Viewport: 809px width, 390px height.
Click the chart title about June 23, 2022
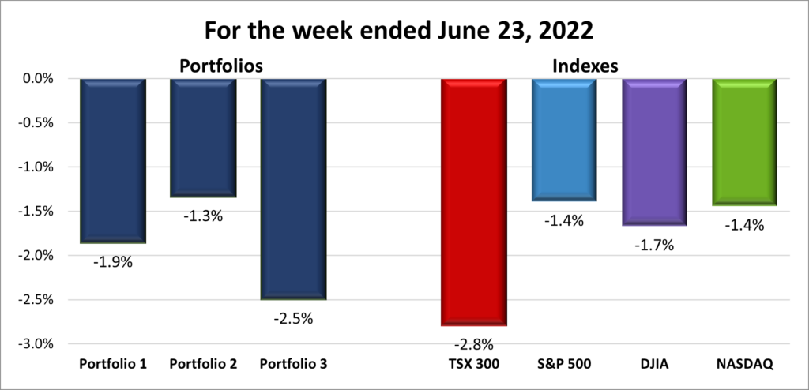[404, 31]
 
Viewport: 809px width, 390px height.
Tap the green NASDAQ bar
[744, 142]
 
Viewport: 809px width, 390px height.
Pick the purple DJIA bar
[653, 152]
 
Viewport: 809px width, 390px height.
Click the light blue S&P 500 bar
[563, 140]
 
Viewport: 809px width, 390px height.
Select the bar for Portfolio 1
[113, 160]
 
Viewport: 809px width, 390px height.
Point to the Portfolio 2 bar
[203, 137]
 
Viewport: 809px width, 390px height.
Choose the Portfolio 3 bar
[293, 189]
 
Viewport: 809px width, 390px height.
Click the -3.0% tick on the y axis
[35, 344]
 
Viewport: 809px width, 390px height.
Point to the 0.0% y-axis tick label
[36, 79]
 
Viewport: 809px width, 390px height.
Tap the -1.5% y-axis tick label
[35, 212]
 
